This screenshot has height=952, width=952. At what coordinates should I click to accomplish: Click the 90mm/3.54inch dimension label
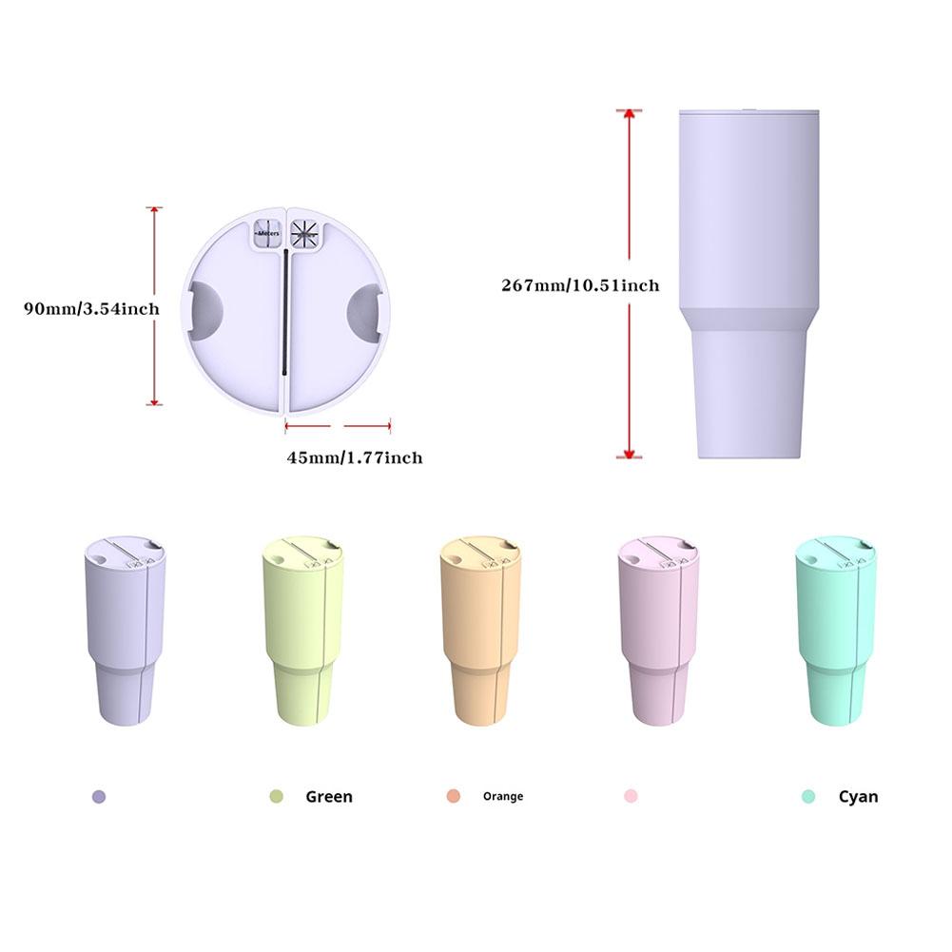(x=91, y=308)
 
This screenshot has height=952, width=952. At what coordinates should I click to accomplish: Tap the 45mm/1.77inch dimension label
(x=355, y=457)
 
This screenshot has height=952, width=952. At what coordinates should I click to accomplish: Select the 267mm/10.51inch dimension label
(x=580, y=284)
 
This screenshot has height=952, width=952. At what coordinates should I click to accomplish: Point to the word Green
(x=328, y=797)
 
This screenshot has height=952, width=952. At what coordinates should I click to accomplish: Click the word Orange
(x=502, y=797)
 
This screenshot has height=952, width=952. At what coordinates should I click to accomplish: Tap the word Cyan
(x=858, y=797)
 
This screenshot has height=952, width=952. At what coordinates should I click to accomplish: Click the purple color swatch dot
(x=99, y=797)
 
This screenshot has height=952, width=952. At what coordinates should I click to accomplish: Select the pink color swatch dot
(x=631, y=796)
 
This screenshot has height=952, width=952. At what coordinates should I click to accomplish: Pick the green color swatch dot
(x=277, y=797)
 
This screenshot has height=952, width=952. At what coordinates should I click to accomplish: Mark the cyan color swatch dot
(x=808, y=797)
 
